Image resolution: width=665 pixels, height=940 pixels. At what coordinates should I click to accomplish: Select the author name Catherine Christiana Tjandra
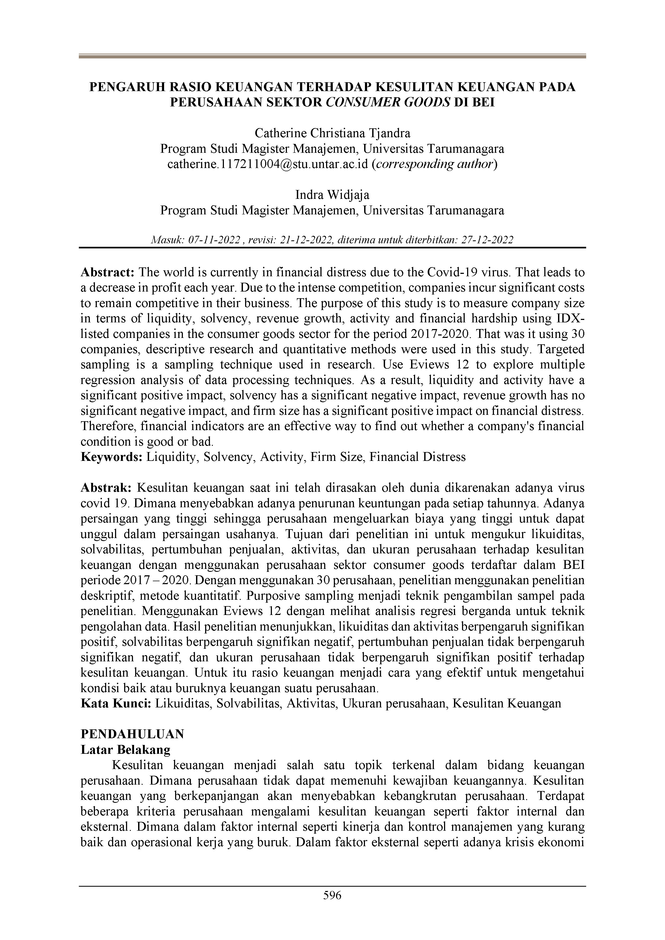(332, 133)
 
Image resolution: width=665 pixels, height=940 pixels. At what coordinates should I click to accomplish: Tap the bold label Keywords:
(112, 457)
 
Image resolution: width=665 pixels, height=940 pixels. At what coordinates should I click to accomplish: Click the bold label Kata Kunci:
(117, 703)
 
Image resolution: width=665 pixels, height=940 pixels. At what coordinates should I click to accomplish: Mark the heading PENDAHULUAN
(132, 734)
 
